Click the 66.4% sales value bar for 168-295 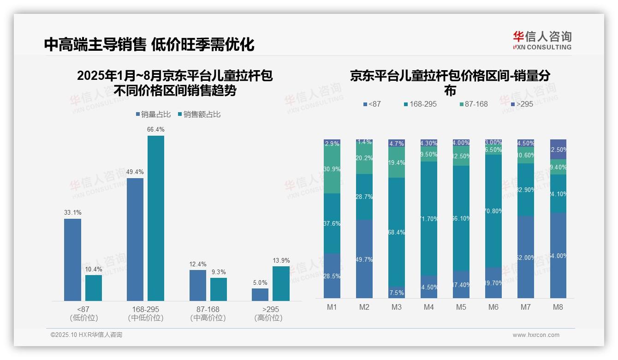point(156,218)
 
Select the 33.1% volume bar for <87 point(72,260)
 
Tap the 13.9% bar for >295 point(281,283)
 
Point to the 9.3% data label point(218,272)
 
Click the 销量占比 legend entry point(153,114)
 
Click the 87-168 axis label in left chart point(208,309)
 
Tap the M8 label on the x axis point(558,307)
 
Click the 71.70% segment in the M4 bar point(429,218)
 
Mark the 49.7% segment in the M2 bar point(364,259)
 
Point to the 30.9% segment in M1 point(332,169)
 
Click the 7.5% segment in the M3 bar point(397,292)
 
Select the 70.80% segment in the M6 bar point(493,211)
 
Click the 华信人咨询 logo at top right point(542,40)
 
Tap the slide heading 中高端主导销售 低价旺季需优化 point(149,44)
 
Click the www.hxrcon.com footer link point(535,335)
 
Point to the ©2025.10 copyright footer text point(86,335)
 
